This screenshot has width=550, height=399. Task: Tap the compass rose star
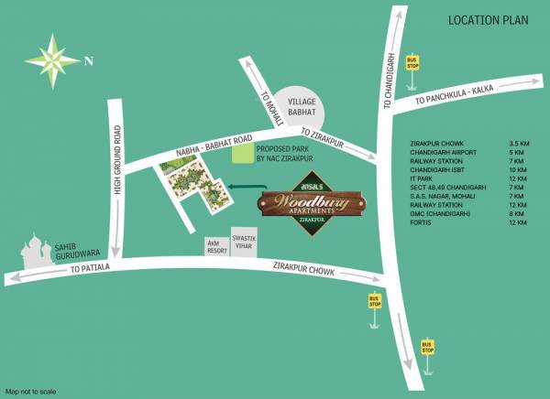(x=56, y=60)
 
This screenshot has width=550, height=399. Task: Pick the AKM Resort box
(x=217, y=245)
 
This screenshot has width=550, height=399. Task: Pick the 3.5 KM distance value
(x=520, y=144)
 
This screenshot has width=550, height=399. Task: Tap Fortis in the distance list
(x=426, y=223)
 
